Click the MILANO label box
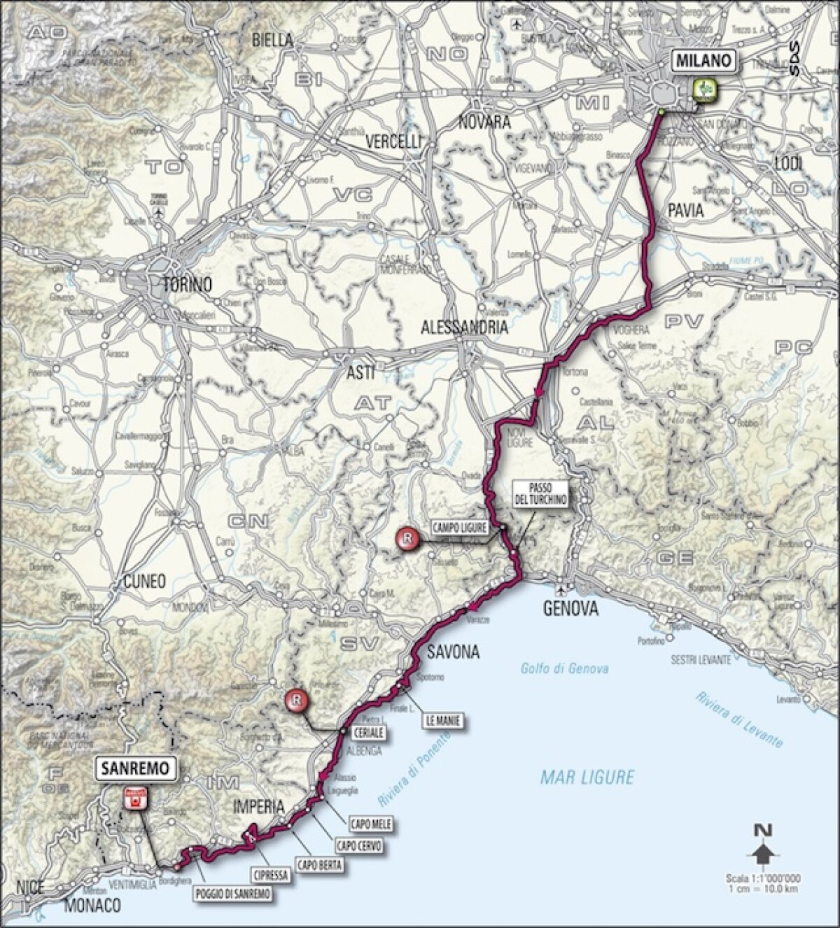(x=705, y=61)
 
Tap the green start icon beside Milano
(x=705, y=89)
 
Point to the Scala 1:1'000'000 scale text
(x=763, y=880)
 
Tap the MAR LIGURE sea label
(x=587, y=776)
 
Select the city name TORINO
(x=187, y=285)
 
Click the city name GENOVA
(x=570, y=609)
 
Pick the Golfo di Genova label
(x=564, y=668)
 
